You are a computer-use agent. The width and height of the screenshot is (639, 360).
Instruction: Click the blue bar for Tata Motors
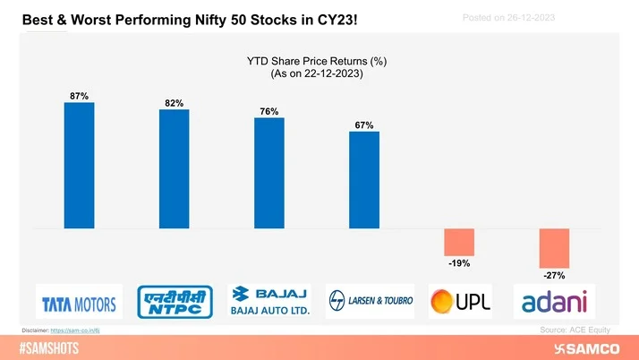(x=79, y=166)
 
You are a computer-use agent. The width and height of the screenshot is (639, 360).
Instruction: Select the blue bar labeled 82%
(x=174, y=169)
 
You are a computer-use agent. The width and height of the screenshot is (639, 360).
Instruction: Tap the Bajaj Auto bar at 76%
(x=268, y=173)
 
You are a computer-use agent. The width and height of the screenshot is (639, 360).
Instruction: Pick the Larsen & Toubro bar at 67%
(x=364, y=180)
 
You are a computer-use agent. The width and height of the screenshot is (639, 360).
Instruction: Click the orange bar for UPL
(x=460, y=242)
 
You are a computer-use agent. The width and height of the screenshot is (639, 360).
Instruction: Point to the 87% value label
(x=79, y=96)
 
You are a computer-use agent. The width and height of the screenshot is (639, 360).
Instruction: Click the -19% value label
(x=459, y=263)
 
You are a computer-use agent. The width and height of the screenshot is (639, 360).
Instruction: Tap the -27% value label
(x=554, y=276)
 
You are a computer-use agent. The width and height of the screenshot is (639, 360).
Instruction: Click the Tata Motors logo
(x=79, y=303)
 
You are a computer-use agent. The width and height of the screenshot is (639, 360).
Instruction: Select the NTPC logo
(x=174, y=302)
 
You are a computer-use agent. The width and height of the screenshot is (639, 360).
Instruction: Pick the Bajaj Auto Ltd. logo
(x=268, y=302)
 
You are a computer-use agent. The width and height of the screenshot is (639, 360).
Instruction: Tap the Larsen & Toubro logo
(x=364, y=302)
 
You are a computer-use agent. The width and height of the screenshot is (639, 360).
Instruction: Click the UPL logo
(x=458, y=302)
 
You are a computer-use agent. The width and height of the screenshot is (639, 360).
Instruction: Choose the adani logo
(x=555, y=302)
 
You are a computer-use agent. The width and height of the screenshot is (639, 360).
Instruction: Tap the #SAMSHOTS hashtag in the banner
(x=53, y=347)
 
